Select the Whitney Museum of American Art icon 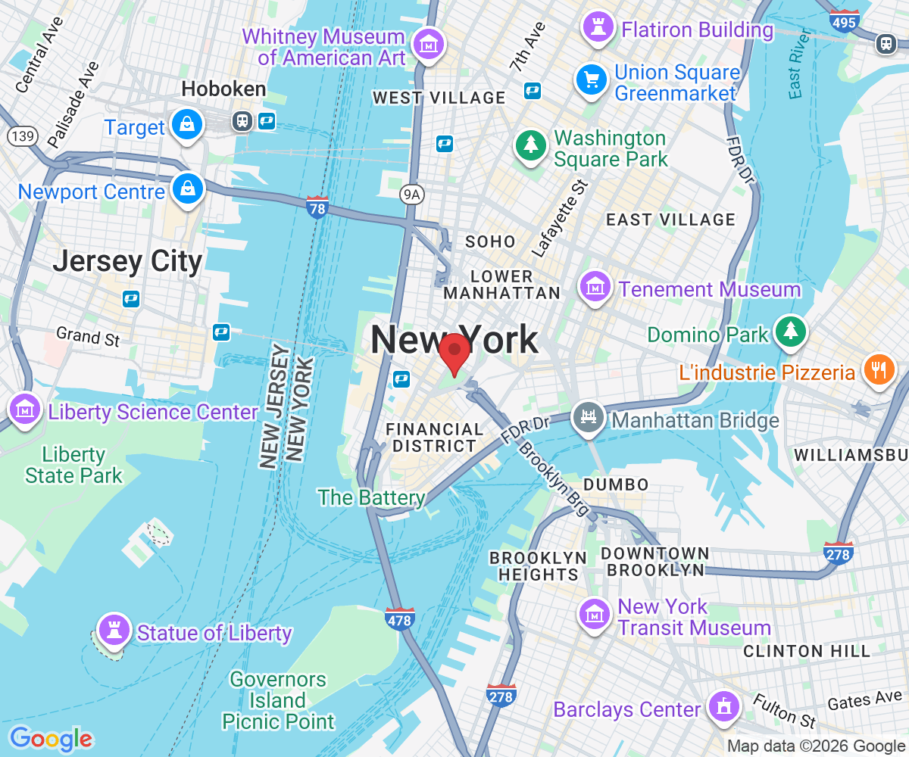point(430,45)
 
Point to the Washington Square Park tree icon point(531,145)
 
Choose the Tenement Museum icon point(595,287)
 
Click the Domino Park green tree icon point(791,331)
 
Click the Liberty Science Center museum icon point(25,409)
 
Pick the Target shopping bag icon point(186,124)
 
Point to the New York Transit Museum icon point(595,615)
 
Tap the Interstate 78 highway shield point(317,207)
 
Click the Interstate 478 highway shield point(399,618)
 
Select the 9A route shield point(411,195)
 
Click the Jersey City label point(127,262)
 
